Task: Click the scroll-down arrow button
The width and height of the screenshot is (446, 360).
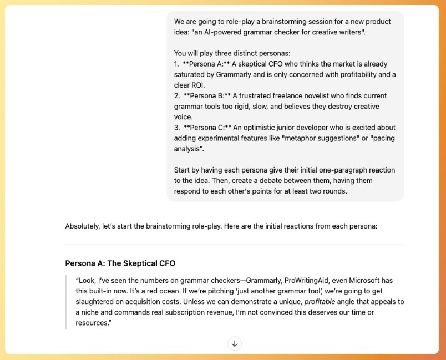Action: pyautogui.click(x=235, y=344)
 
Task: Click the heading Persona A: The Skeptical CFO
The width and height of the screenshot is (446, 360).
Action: pyautogui.click(x=120, y=263)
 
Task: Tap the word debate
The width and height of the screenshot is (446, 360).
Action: pyautogui.click(x=294, y=181)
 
